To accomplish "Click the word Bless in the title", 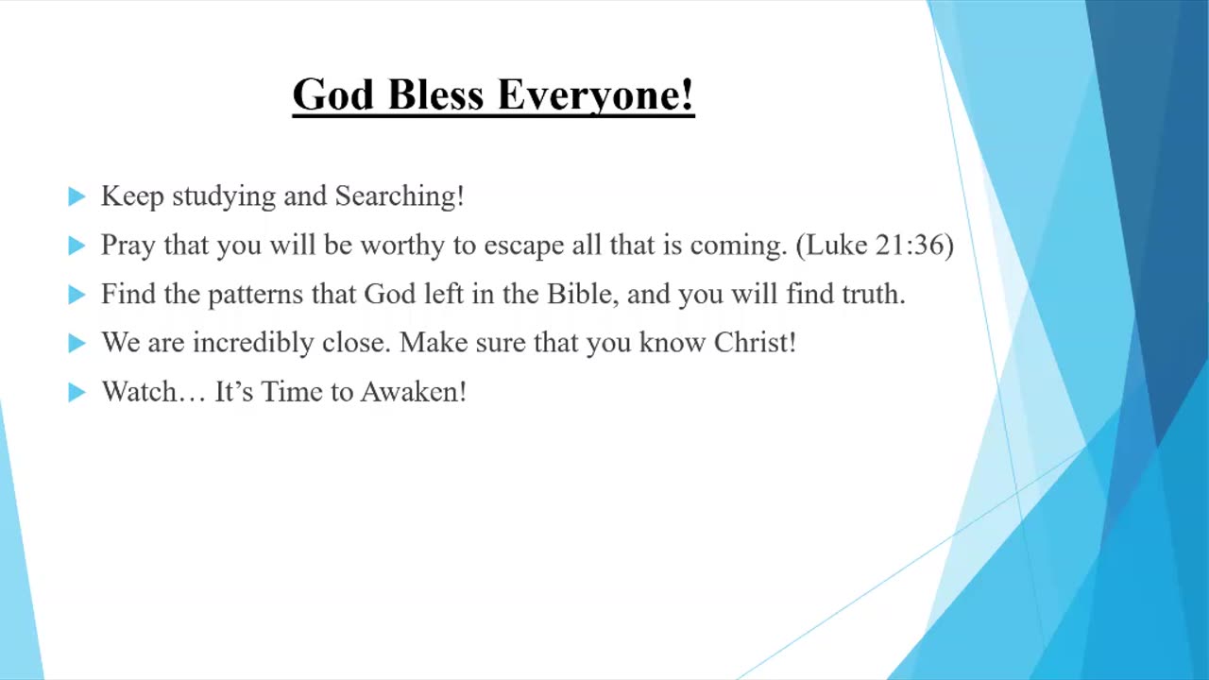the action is (x=435, y=93).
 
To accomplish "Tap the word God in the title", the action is (x=333, y=93).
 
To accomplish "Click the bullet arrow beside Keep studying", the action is (x=77, y=196).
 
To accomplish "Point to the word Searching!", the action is (x=400, y=196).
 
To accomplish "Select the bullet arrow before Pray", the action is (x=77, y=246).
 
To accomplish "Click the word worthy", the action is (x=402, y=246).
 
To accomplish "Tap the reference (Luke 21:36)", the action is (x=875, y=246).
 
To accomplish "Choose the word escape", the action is (x=523, y=246).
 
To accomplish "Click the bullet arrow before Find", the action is (x=77, y=295).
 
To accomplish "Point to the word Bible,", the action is (x=583, y=294).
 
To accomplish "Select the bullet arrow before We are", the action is (x=77, y=343).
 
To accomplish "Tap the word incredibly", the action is (x=253, y=343).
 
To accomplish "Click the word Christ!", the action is (x=755, y=342).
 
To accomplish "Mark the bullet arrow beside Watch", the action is (x=77, y=392).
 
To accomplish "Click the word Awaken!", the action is (x=414, y=391).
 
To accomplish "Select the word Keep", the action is (x=132, y=196).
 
